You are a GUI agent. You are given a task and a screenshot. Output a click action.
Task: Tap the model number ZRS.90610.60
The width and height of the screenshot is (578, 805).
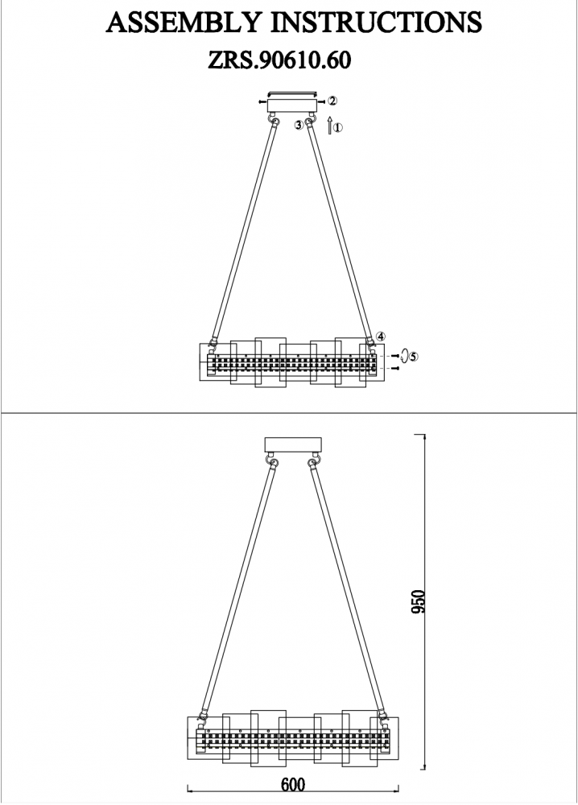click(279, 60)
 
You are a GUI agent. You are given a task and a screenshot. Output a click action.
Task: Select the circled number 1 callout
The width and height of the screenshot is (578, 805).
click(337, 127)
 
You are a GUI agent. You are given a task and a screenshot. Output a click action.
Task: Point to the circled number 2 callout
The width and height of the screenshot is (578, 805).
click(332, 101)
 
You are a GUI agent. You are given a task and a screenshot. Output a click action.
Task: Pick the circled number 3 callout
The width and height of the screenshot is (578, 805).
click(298, 125)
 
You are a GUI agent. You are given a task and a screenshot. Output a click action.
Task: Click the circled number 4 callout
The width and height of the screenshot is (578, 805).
click(381, 336)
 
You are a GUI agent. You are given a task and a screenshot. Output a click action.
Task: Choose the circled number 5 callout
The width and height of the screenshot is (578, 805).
click(414, 356)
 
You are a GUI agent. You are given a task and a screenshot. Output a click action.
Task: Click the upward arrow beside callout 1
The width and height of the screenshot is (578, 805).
click(329, 126)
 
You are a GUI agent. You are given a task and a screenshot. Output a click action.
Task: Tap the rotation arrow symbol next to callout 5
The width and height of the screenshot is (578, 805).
click(404, 355)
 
